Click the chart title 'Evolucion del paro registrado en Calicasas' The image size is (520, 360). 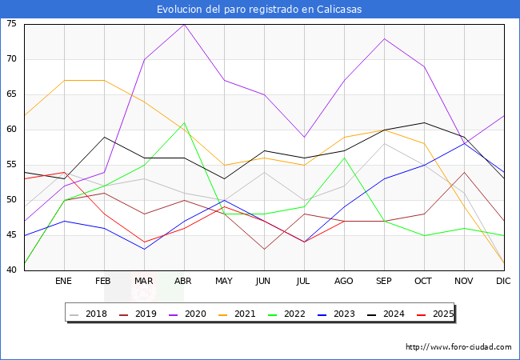[260, 9]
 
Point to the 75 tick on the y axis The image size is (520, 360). [12, 24]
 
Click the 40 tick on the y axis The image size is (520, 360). [12, 270]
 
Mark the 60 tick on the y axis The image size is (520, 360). [12, 130]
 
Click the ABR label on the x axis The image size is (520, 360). [184, 282]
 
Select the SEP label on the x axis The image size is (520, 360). [384, 282]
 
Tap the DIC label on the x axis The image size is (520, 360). [504, 282]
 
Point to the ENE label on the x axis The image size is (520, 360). [64, 282]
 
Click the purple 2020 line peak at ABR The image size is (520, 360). [184, 24]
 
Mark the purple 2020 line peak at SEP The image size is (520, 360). [384, 38]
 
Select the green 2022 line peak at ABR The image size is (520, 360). [184, 123]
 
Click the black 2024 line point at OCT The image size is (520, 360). [424, 122]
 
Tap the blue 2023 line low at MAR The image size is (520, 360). [144, 249]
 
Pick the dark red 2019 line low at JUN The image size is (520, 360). [264, 249]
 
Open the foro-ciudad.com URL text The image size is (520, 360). [458, 347]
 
